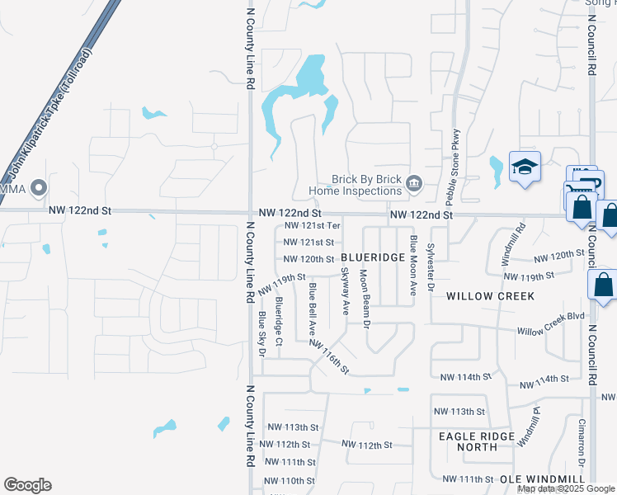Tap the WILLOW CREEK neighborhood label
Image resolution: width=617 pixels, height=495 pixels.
[x=490, y=295]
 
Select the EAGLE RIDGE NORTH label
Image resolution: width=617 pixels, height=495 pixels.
[x=477, y=441]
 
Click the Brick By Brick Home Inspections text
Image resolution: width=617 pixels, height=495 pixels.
[x=365, y=185]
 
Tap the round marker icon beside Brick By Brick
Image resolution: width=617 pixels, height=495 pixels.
[x=414, y=184]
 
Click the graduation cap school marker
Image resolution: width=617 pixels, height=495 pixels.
[x=524, y=168]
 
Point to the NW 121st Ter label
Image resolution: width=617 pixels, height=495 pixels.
[x=311, y=225]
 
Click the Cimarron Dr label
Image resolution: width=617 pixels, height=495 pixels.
[x=581, y=436]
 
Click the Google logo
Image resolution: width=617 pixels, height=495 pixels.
[x=27, y=485]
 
